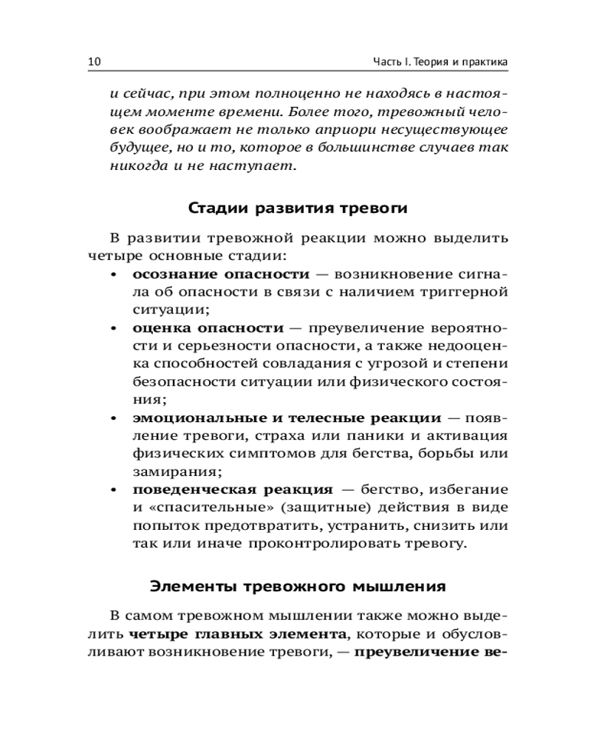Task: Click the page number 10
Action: (94, 61)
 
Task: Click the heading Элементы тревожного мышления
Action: (298, 587)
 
